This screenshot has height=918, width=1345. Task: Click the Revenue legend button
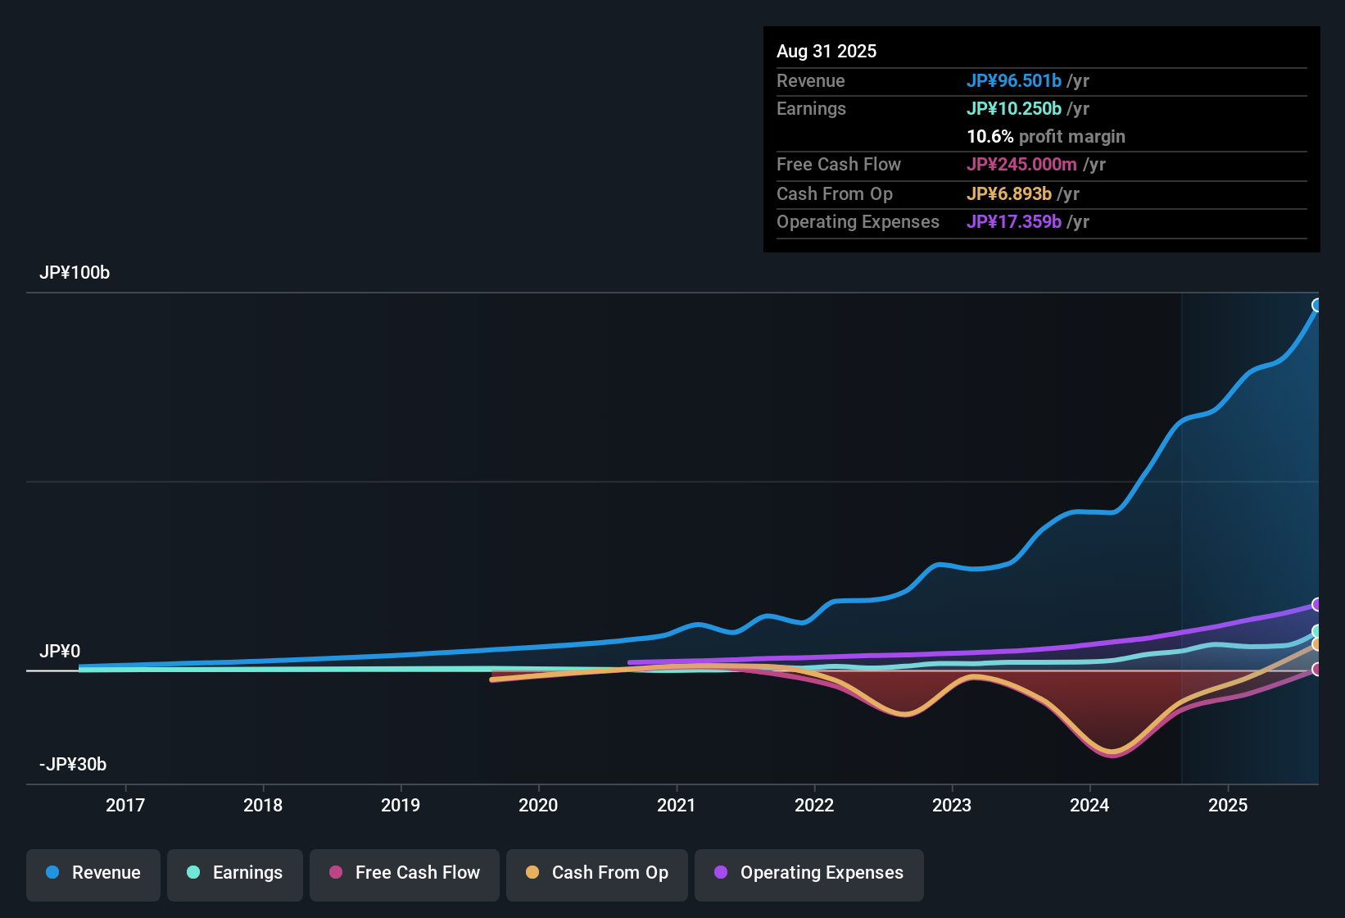pyautogui.click(x=93, y=873)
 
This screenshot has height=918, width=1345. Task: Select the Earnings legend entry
pyautogui.click(x=235, y=873)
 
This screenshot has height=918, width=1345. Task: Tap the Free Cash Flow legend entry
pyautogui.click(x=405, y=873)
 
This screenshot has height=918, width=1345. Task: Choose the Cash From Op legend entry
pyautogui.click(x=597, y=873)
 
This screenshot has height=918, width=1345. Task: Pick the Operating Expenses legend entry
pyautogui.click(x=809, y=873)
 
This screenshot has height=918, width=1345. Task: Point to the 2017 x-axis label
pyautogui.click(x=125, y=806)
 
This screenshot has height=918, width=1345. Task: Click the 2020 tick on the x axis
pyautogui.click(x=538, y=806)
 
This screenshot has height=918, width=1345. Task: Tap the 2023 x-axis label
pyautogui.click(x=952, y=806)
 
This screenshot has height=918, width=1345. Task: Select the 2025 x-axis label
pyautogui.click(x=1228, y=806)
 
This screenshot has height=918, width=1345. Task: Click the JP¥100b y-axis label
pyautogui.click(x=75, y=273)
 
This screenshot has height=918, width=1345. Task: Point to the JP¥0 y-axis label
pyautogui.click(x=60, y=652)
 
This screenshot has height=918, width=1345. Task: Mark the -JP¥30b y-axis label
pyautogui.click(x=73, y=765)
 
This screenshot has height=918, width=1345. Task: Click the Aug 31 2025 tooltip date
pyautogui.click(x=826, y=52)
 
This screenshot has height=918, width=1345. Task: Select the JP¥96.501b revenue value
pyautogui.click(x=1014, y=81)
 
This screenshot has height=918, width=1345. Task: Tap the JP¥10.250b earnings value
pyautogui.click(x=1014, y=109)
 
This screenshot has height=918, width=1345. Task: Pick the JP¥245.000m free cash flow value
pyautogui.click(x=1021, y=165)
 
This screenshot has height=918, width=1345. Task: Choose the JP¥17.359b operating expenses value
pyautogui.click(x=1014, y=222)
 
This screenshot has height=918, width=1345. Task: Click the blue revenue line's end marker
pyautogui.click(x=1317, y=306)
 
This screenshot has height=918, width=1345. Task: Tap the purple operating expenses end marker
pyautogui.click(x=1317, y=605)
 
